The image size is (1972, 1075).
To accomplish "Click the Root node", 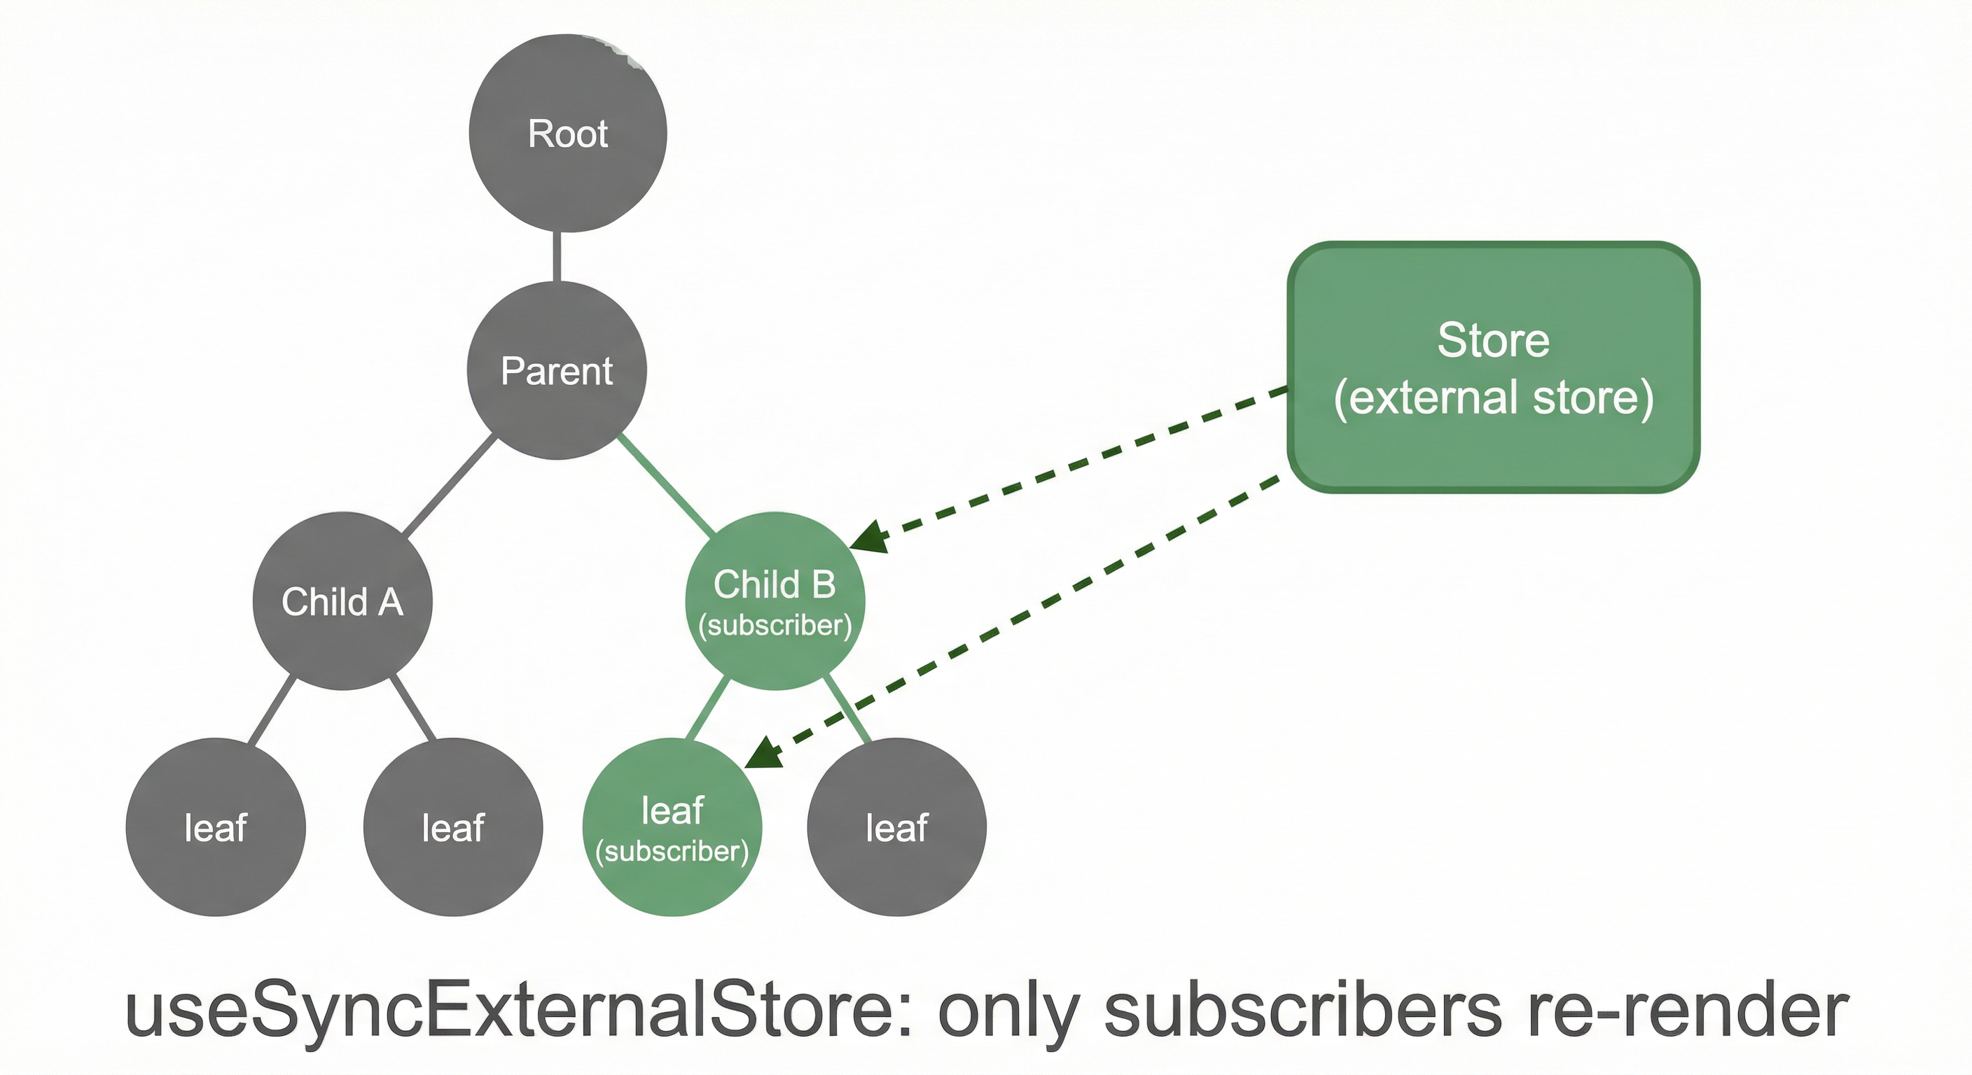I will pos(567,133).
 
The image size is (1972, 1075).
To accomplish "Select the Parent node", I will pos(557,371).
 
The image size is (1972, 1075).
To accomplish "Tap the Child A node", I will pos(342,601).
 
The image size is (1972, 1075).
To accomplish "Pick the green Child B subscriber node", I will pos(775,601).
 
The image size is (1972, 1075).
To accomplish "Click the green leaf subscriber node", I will pos(672,827).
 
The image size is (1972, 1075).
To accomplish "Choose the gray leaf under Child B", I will pos(896,827).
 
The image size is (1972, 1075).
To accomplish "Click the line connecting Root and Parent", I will pos(557,256).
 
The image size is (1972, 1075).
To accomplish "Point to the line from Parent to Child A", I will pos(450,485).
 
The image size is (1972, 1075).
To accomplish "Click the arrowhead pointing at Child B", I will pos(870,536).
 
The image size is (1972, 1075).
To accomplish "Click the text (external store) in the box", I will pos(1494,398).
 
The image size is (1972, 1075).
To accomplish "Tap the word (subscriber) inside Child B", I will pos(775,626).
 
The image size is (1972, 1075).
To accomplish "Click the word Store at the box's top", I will pos(1494,339).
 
